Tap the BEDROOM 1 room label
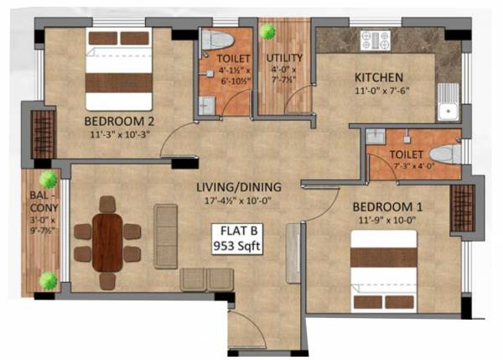click(x=384, y=206)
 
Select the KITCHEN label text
click(x=377, y=78)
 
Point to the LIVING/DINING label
click(x=240, y=186)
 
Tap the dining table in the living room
click(x=107, y=243)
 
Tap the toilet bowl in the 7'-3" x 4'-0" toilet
click(x=445, y=154)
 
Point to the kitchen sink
click(x=449, y=106)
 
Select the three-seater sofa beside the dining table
click(x=166, y=236)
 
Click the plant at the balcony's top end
click(x=48, y=179)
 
